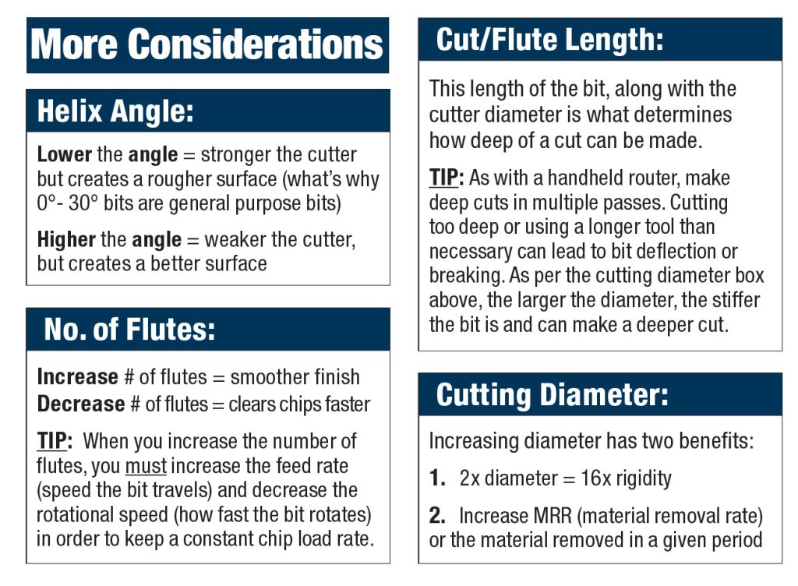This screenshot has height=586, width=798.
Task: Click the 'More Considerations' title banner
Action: (207, 44)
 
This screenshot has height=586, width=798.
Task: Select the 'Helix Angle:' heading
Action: (115, 111)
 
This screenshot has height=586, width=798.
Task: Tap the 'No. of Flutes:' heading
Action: (129, 330)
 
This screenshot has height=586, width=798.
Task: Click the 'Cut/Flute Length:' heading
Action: (549, 40)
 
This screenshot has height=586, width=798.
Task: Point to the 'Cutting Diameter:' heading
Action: (552, 394)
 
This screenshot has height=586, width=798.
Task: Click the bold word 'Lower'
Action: (64, 154)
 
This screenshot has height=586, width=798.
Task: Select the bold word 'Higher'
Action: (66, 240)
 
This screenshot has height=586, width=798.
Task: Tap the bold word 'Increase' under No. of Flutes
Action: (77, 377)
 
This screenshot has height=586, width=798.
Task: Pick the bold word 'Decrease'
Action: (80, 404)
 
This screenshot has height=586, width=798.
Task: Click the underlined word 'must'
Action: (146, 467)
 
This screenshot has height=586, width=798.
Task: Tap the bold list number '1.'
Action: (437, 478)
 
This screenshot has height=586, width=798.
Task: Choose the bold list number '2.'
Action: (437, 516)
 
